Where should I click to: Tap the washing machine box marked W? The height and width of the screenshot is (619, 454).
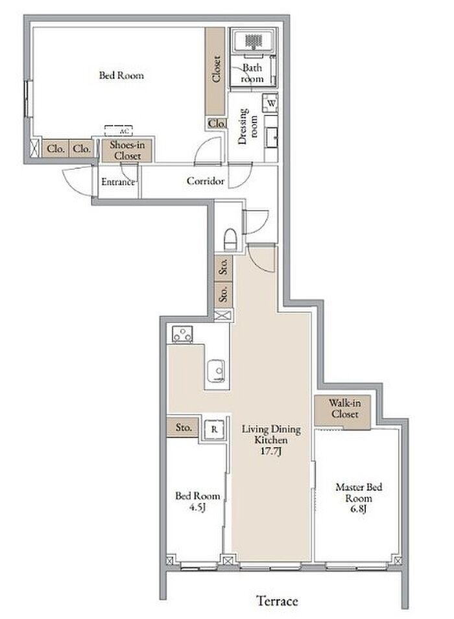click(x=270, y=104)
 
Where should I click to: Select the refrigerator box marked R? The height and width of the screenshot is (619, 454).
click(x=215, y=429)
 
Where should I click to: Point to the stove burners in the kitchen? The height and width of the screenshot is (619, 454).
click(x=182, y=334)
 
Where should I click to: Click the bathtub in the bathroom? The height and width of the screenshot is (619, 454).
click(x=254, y=41)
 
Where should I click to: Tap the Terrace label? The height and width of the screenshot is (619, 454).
click(x=278, y=601)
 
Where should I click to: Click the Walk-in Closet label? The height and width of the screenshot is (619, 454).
click(x=345, y=408)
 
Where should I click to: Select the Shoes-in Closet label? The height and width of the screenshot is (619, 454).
click(x=127, y=150)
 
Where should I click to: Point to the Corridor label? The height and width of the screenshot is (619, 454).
click(x=206, y=181)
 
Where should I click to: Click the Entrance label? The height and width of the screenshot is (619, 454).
click(x=118, y=181)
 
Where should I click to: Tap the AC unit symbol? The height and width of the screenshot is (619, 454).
click(x=119, y=131)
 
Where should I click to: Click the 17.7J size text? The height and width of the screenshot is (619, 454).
click(x=271, y=451)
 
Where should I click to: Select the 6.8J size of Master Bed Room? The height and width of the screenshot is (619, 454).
click(x=359, y=509)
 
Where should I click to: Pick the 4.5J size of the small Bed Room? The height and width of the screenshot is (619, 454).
click(x=197, y=507)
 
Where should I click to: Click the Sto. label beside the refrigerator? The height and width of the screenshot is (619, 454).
click(x=184, y=427)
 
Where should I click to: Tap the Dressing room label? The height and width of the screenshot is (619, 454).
click(x=248, y=126)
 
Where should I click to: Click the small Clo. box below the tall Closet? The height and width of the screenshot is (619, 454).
click(x=217, y=124)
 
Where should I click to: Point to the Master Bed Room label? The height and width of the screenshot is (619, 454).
click(x=359, y=492)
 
